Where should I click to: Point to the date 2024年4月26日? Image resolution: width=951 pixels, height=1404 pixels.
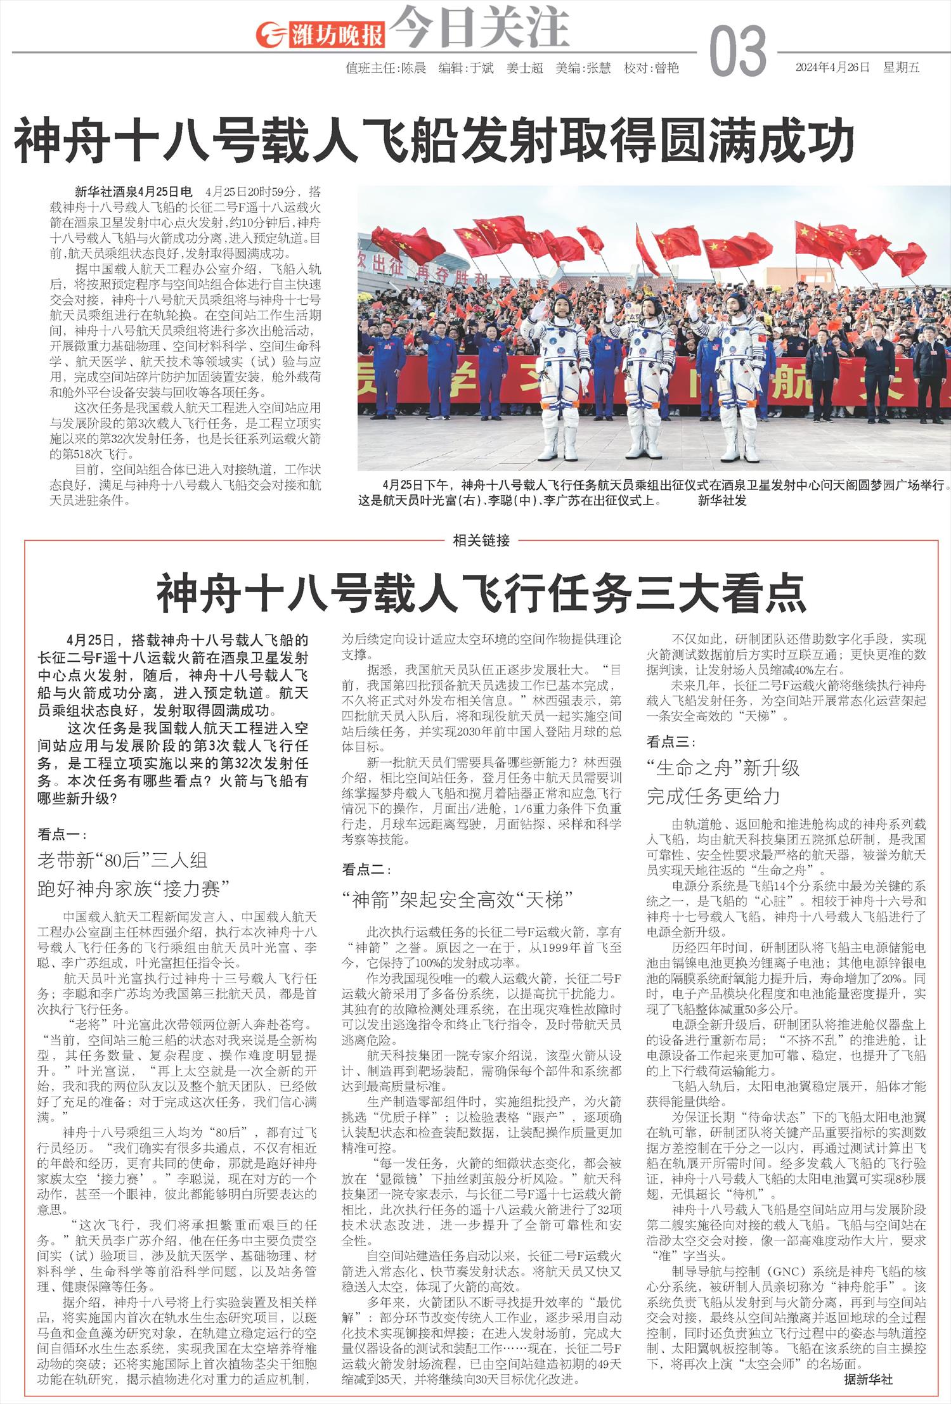[x=832, y=68]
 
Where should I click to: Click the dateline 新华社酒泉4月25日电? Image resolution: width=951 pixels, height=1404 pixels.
[x=133, y=191]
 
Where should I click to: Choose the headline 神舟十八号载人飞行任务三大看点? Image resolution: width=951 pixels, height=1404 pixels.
[x=481, y=593]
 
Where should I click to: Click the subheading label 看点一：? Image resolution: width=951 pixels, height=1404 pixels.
[x=62, y=834]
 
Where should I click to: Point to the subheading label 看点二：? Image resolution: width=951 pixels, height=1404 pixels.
[x=366, y=868]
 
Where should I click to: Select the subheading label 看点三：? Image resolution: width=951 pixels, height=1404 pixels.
[x=671, y=741]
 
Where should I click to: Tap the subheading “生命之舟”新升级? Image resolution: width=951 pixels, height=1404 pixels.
[x=723, y=768]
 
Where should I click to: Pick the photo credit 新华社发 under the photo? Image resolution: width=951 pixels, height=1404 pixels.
[x=722, y=500]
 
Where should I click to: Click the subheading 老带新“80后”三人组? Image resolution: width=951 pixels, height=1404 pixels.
[x=122, y=860]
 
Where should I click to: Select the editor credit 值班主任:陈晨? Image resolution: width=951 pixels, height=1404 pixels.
[x=385, y=68]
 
